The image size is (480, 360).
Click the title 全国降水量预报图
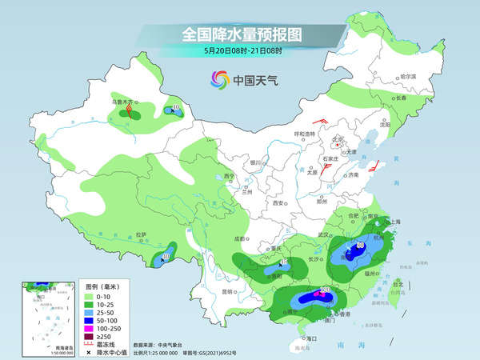[240, 34]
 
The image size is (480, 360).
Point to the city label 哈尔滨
[409, 76]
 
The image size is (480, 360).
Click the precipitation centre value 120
[326, 290]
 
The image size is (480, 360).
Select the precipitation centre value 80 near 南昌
[361, 245]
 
